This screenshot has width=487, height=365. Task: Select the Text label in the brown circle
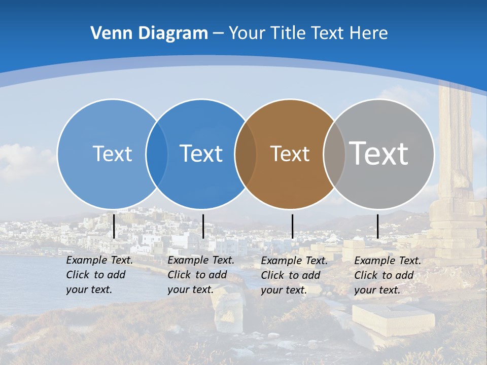(290, 154)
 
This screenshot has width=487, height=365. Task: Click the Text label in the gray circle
(379, 153)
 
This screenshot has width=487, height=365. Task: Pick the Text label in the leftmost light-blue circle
(112, 154)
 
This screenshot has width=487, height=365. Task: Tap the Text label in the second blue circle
(201, 154)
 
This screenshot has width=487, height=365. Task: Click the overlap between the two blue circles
(157, 154)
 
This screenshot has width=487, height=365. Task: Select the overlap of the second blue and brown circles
(246, 154)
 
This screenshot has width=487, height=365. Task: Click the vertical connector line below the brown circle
(292, 226)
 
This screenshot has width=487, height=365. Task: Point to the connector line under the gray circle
(377, 226)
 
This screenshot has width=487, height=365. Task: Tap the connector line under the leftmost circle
(114, 226)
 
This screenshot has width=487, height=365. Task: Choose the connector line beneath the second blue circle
(203, 226)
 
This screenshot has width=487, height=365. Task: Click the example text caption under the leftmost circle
(99, 275)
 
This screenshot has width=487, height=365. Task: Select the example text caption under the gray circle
(387, 275)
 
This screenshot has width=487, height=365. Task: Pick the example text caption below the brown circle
(294, 275)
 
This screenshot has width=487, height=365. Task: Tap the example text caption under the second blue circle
(200, 275)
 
